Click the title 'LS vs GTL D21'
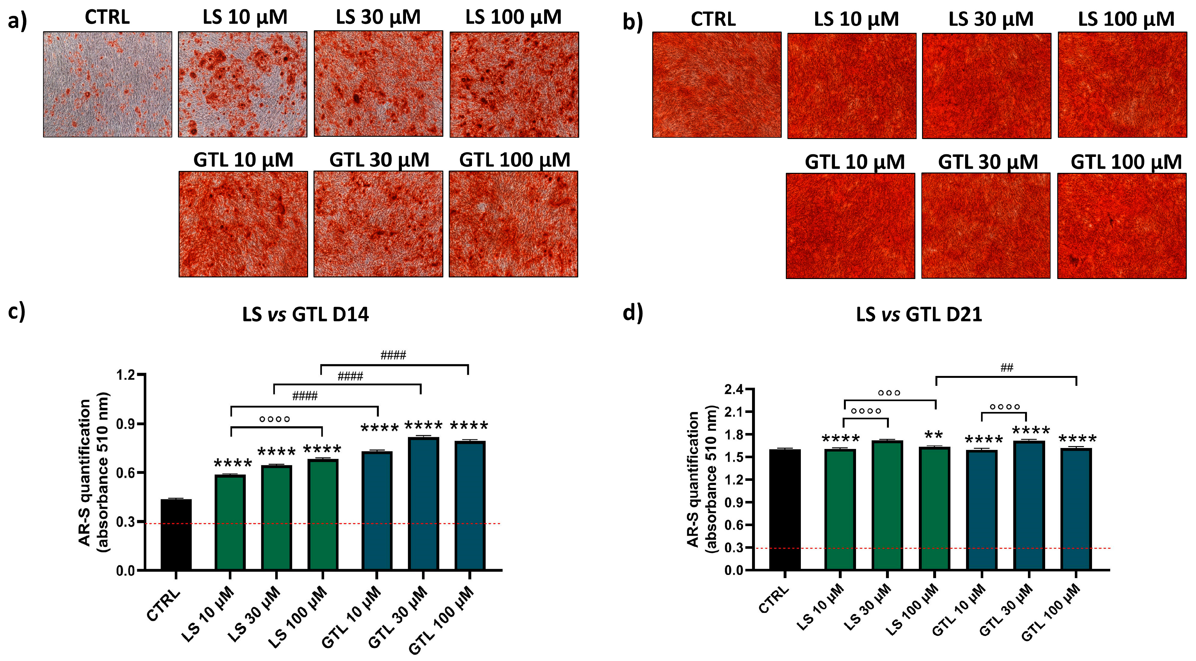(919, 315)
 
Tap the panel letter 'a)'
(17, 21)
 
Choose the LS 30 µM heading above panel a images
(378, 18)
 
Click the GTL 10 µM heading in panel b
(854, 162)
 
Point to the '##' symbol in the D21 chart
(1006, 368)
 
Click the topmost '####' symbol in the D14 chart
(393, 356)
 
